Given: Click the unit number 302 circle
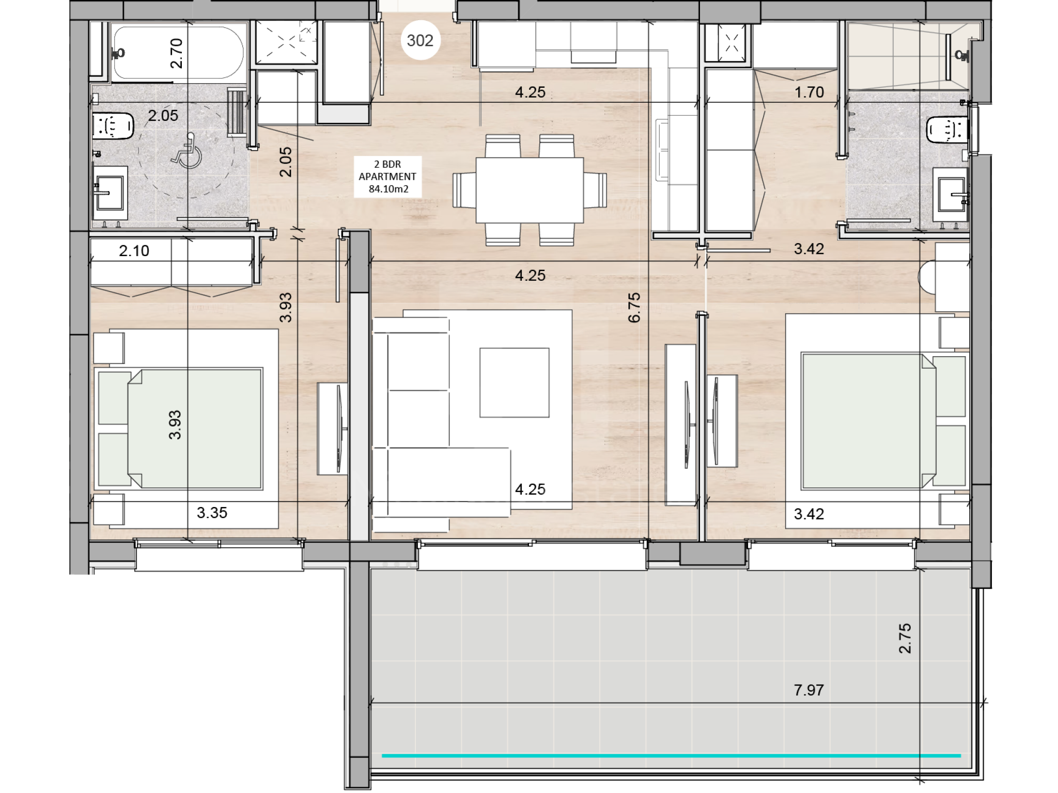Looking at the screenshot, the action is point(420,40).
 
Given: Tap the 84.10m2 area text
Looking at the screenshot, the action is point(388,189).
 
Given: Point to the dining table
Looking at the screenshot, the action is point(530,189).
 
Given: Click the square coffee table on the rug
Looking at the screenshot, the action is point(514,382).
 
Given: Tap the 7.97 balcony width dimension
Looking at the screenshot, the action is point(808,690).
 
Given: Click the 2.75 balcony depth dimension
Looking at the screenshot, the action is point(905,639).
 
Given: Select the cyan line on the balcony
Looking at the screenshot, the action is point(671,755).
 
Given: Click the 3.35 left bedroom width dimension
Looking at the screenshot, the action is point(212,513).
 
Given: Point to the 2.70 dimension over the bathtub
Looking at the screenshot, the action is point(176,53).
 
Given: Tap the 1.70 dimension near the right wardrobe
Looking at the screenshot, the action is point(809,92).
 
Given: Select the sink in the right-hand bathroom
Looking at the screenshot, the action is point(951,195).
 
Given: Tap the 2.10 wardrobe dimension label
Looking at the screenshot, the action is point(134,250).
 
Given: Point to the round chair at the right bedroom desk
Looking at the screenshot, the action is point(926,277).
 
